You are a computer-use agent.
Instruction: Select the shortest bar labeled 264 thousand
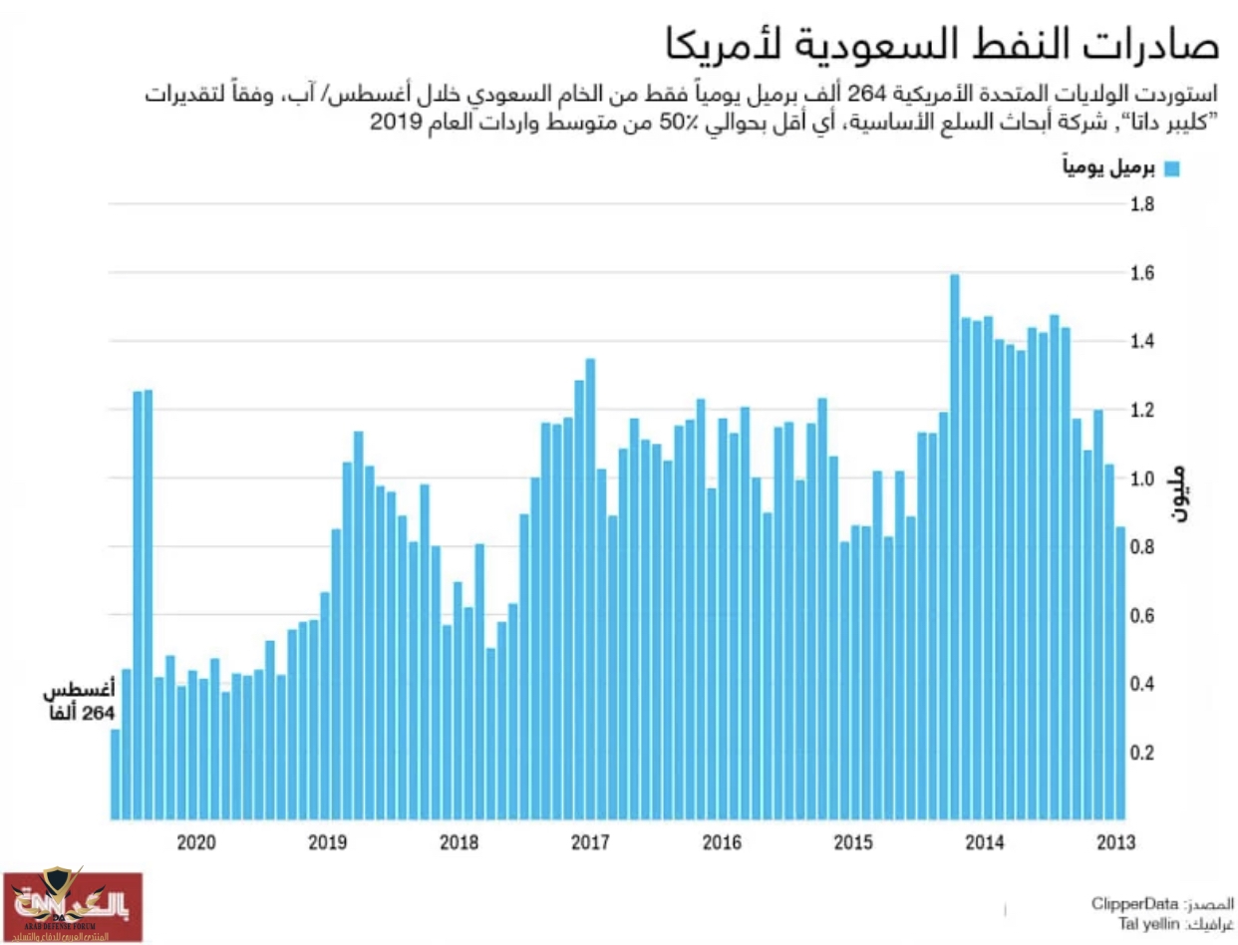pos(115,774)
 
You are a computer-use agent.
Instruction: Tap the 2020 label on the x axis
pos(196,843)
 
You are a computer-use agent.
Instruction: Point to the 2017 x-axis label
pos(590,843)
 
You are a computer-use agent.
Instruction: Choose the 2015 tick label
pos(852,843)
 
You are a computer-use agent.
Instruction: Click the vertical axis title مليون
pos(1177,494)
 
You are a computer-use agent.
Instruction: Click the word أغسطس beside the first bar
pos(80,690)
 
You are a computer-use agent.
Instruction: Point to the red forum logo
pos(72,906)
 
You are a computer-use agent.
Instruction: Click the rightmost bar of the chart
pos(1120,673)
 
